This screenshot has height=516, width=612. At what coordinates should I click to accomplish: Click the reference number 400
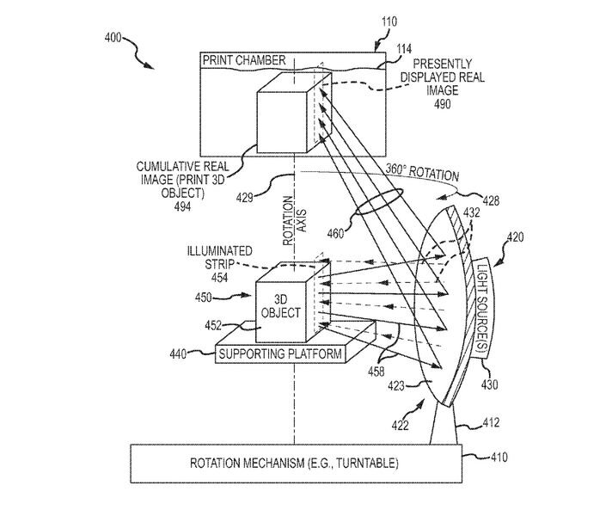pyautogui.click(x=113, y=39)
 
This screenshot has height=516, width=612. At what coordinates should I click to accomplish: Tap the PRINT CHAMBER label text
pyautogui.click(x=244, y=60)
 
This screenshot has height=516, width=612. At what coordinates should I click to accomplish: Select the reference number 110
pyautogui.click(x=389, y=21)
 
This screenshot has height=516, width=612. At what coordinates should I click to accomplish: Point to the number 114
pyautogui.click(x=404, y=49)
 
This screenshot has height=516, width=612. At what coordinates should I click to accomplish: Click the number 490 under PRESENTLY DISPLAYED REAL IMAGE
pyautogui.click(x=442, y=104)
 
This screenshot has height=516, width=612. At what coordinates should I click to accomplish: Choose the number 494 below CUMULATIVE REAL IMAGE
pyautogui.click(x=182, y=206)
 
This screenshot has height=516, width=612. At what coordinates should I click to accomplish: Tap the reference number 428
pyautogui.click(x=491, y=200)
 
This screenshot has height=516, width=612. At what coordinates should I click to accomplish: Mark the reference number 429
pyautogui.click(x=245, y=198)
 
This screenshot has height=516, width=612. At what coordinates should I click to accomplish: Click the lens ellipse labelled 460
pyautogui.click(x=378, y=202)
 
